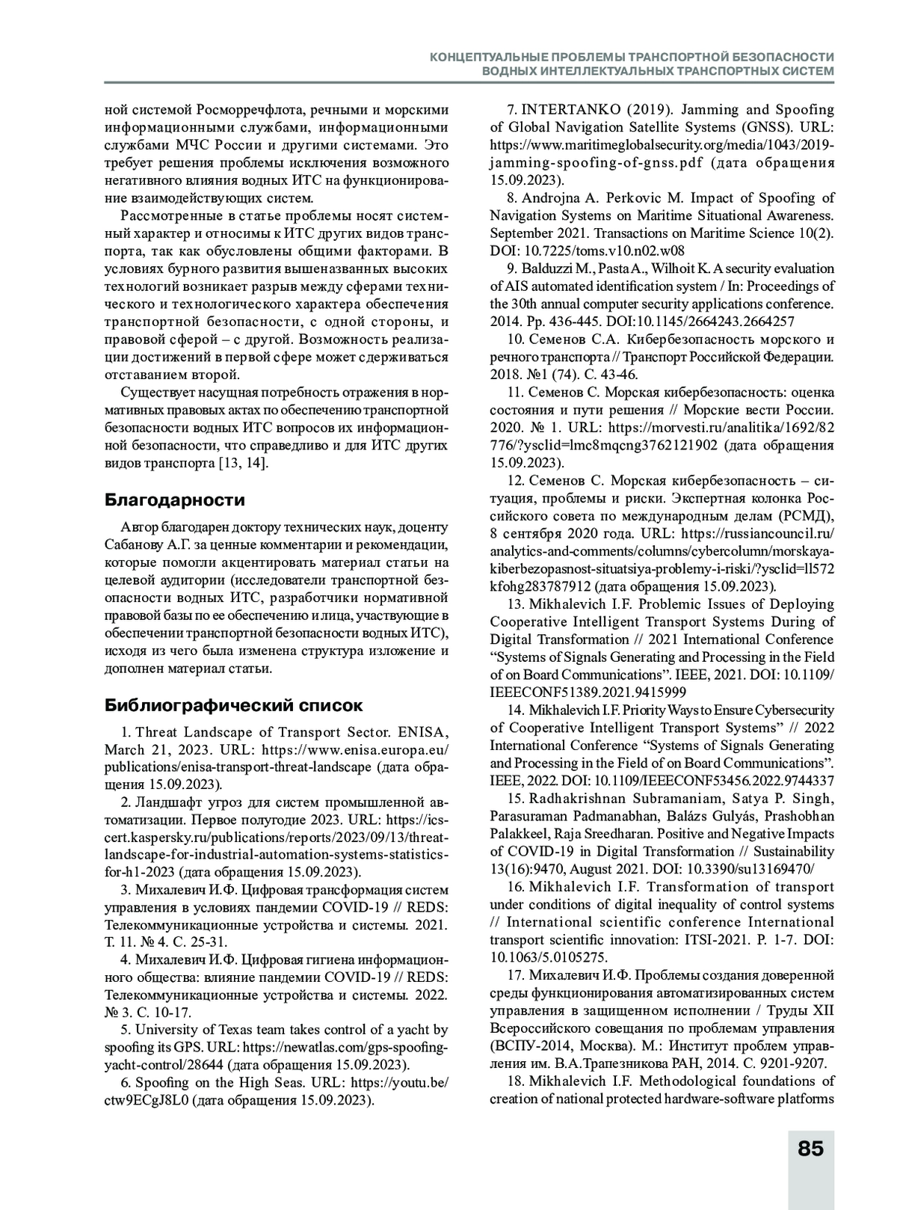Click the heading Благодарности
[175, 500]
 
